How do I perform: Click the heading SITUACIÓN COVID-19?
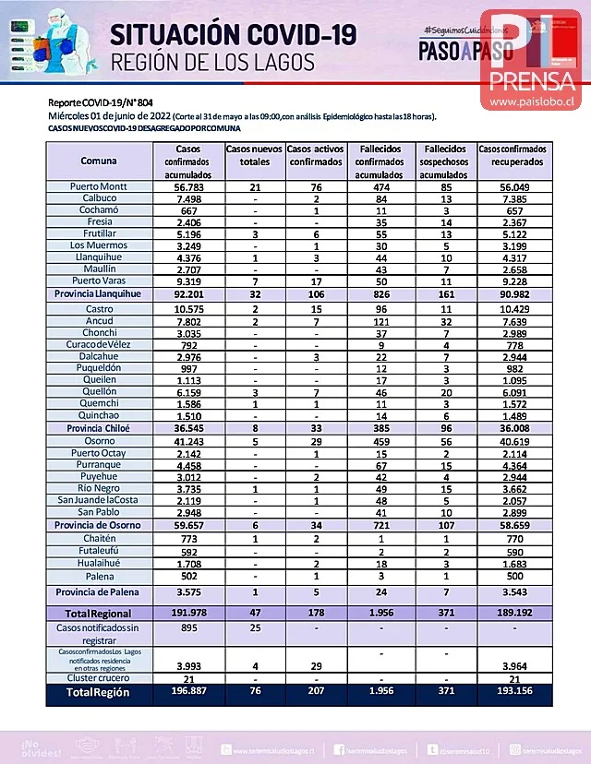[233, 35]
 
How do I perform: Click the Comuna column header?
[98, 161]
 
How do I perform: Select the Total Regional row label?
[98, 613]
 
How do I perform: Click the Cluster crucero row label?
[98, 679]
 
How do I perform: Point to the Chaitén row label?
[98, 538]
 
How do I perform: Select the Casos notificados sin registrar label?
[98, 633]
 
